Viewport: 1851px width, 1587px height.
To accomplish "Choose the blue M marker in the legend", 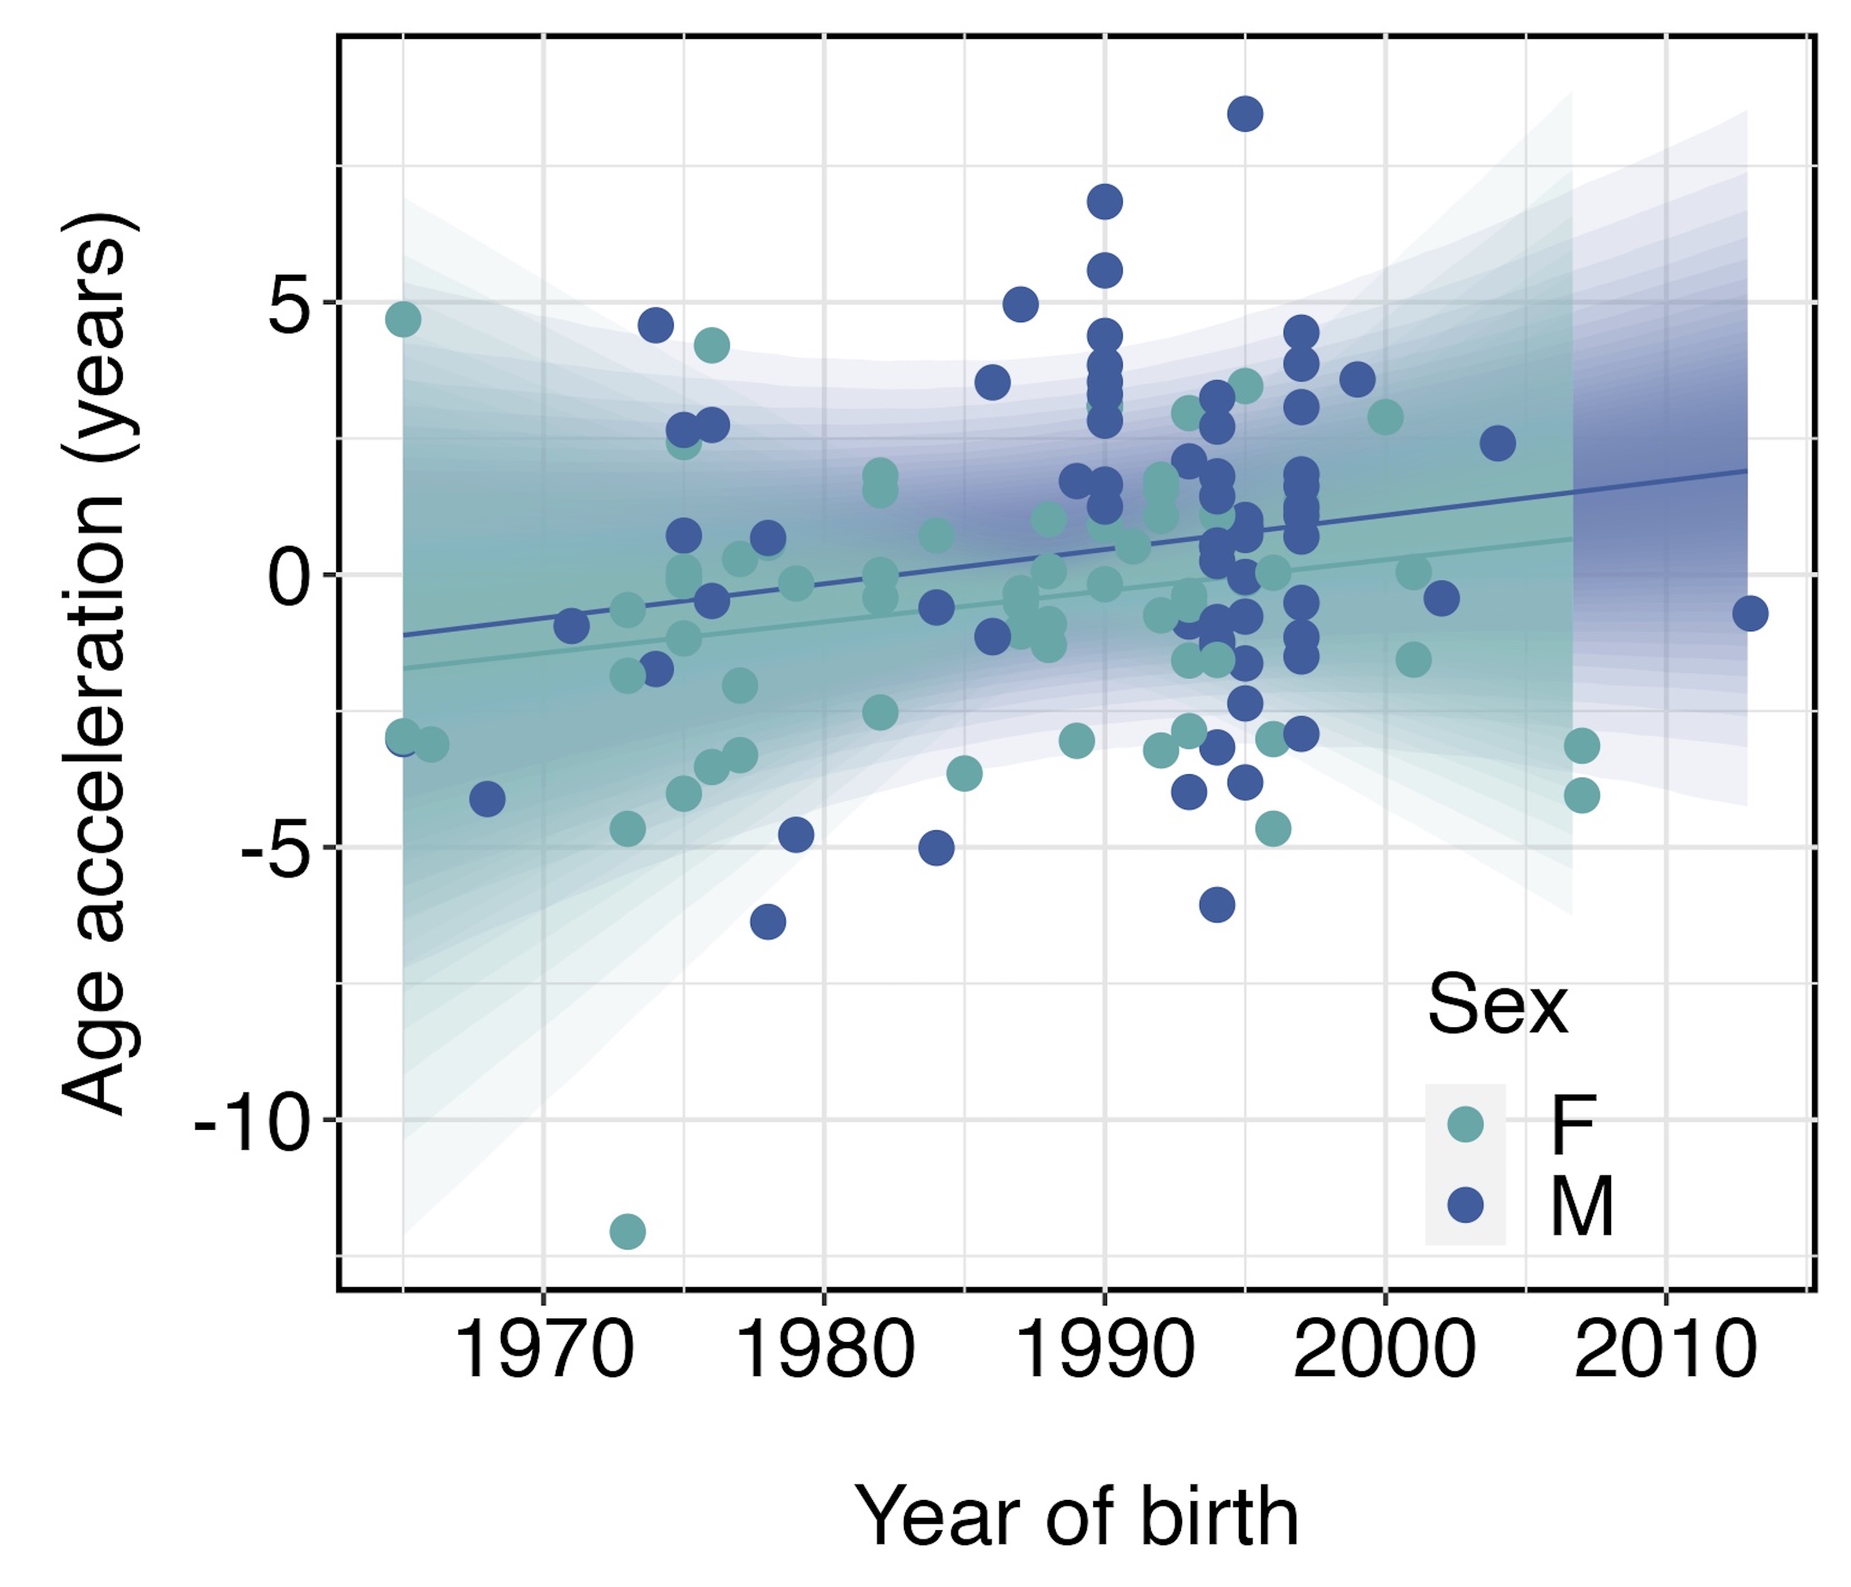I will click(x=1465, y=1204).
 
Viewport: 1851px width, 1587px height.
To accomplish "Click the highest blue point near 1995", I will click(x=1245, y=114).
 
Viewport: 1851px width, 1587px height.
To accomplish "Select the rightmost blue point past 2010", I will click(x=1750, y=614).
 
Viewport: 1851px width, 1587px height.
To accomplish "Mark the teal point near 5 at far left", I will click(x=403, y=319).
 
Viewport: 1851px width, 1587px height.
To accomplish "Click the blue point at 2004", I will click(x=1497, y=442).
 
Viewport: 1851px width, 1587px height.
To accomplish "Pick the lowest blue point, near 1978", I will click(x=768, y=921).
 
